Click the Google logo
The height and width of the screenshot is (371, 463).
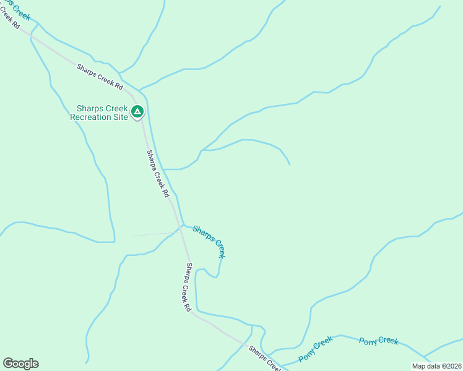pos(20,364)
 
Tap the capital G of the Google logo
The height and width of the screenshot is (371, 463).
pos(8,364)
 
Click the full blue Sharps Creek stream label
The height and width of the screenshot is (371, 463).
pos(209,241)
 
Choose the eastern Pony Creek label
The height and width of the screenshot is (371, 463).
pos(378,341)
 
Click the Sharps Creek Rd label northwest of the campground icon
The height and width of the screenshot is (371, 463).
pos(100,79)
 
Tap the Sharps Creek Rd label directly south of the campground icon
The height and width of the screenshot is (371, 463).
pos(158,173)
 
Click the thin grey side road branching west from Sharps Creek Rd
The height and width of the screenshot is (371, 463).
pos(155,234)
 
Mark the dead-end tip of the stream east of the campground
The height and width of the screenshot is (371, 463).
pos(290,164)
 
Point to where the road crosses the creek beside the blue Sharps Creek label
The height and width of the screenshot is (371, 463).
pos(181,227)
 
